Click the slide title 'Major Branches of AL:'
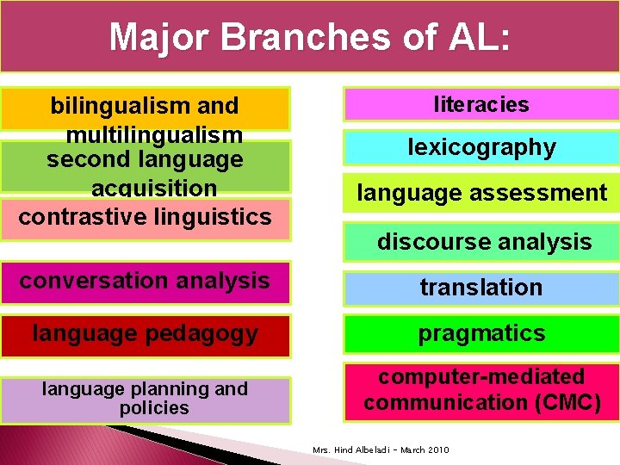pyautogui.click(x=309, y=37)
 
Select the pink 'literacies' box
pyautogui.click(x=481, y=104)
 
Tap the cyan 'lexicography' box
pyautogui.click(x=481, y=147)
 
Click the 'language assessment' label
pyautogui.click(x=481, y=193)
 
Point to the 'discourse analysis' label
pyautogui.click(x=484, y=242)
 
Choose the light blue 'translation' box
pyautogui.click(x=481, y=288)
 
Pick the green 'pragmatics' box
pyautogui.click(x=481, y=333)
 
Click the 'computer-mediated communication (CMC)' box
pyautogui.click(x=481, y=390)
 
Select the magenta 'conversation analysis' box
pyautogui.click(x=145, y=281)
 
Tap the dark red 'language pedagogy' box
pyautogui.click(x=145, y=333)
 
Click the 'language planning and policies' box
pyautogui.click(x=145, y=399)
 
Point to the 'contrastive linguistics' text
pyautogui.click(x=145, y=216)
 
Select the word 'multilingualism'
pyautogui.click(x=154, y=135)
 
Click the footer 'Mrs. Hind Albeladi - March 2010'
pyautogui.click(x=381, y=450)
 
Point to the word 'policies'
pyautogui.click(x=154, y=408)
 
